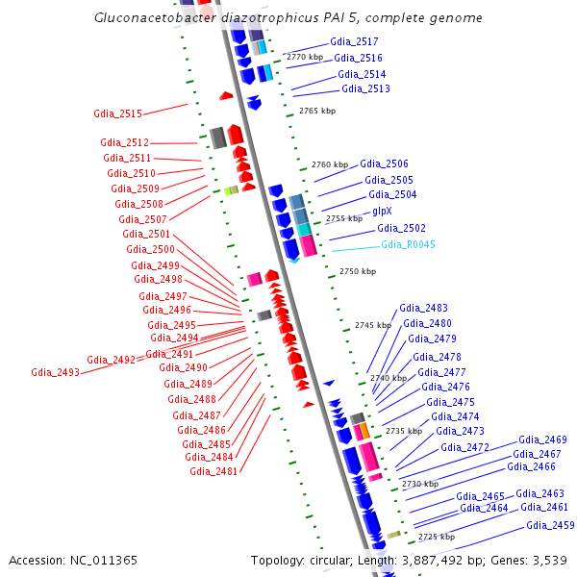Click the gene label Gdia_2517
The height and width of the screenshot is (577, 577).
(x=354, y=42)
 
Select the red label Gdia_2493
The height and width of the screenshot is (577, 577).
(x=55, y=372)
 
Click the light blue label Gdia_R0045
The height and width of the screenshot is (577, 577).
(x=408, y=244)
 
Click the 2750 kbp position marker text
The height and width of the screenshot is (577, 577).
(x=357, y=272)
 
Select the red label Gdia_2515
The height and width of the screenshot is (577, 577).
(x=117, y=113)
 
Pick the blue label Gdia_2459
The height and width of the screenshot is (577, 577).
(x=550, y=525)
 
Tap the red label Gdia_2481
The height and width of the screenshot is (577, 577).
(x=213, y=471)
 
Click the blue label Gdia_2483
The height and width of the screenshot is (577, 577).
(x=424, y=308)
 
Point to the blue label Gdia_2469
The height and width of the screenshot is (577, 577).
(x=542, y=439)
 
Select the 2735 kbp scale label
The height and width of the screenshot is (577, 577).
(x=404, y=432)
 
